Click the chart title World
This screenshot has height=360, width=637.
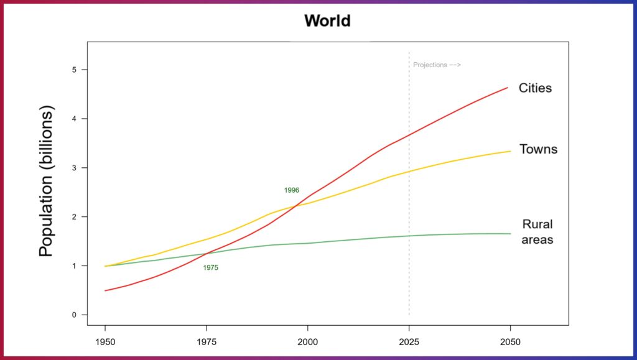click(x=327, y=21)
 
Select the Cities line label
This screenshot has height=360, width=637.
click(x=536, y=88)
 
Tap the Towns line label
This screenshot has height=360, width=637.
click(x=538, y=149)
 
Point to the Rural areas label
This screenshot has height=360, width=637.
click(x=537, y=232)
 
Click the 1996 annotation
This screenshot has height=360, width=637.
click(x=292, y=190)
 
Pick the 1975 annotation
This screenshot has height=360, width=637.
click(x=211, y=267)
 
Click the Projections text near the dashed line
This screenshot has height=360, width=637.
click(x=437, y=65)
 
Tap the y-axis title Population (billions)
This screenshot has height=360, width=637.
click(x=47, y=180)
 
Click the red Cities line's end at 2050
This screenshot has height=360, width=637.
click(x=508, y=88)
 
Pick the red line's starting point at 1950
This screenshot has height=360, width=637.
click(x=105, y=290)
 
